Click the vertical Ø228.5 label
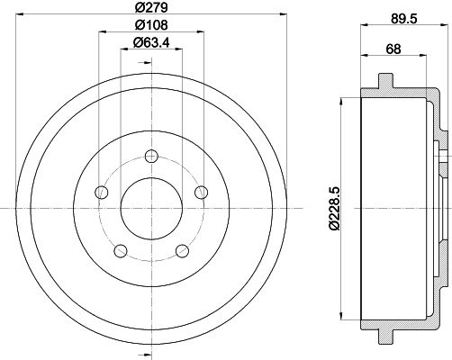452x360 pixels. pos(336,209)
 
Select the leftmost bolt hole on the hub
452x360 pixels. pos(103,193)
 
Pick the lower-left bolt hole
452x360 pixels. pos(121,250)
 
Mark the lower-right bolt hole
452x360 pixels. pos(181,250)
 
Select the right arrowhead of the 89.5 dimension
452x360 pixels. pos(446,28)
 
